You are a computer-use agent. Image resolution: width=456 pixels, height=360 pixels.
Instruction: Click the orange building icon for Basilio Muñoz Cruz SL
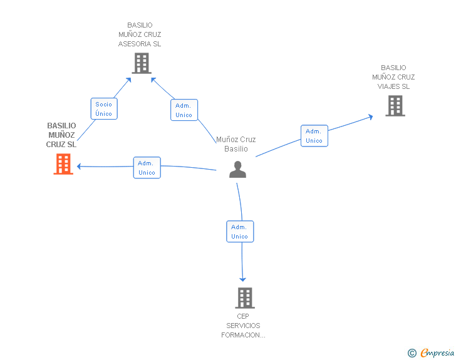pyautogui.click(x=63, y=164)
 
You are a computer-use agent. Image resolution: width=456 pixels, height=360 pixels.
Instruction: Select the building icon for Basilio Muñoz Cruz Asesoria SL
pyautogui.click(x=142, y=63)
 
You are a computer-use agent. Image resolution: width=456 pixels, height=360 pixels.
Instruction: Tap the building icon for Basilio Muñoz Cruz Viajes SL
pyautogui.click(x=395, y=106)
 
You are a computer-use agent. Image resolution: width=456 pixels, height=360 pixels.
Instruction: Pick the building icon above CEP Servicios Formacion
pyautogui.click(x=244, y=298)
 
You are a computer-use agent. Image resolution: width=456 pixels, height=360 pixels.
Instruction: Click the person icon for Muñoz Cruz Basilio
pyautogui.click(x=237, y=170)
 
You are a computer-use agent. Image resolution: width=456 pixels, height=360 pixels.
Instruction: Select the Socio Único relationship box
pyautogui.click(x=104, y=109)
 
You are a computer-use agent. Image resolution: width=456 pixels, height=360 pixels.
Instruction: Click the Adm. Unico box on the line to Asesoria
pyautogui.click(x=184, y=110)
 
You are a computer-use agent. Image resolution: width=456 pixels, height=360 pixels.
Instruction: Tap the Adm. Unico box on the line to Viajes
pyautogui.click(x=314, y=136)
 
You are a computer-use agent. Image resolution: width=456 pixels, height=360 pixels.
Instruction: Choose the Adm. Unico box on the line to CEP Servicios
pyautogui.click(x=239, y=232)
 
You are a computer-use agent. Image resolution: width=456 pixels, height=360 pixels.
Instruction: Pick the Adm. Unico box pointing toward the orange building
pyautogui.click(x=147, y=167)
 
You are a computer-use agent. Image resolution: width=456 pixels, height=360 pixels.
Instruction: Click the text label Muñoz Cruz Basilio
pyautogui.click(x=236, y=144)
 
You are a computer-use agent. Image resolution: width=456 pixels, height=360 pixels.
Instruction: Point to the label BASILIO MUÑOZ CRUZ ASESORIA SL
pyautogui.click(x=140, y=34)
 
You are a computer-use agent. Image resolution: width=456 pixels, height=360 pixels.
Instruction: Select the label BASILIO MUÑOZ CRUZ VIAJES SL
pyautogui.click(x=393, y=77)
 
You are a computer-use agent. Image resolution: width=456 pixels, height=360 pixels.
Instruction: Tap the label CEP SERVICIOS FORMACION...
pyautogui.click(x=243, y=326)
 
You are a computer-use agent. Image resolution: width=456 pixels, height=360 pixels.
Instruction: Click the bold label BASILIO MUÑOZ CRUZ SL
pyautogui.click(x=61, y=135)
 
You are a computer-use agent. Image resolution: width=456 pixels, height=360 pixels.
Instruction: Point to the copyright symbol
pyautogui.click(x=412, y=353)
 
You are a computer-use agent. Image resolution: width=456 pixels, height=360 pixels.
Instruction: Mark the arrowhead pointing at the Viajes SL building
pyautogui.click(x=370, y=116)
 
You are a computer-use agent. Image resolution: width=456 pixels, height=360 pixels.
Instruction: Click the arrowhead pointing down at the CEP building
pyautogui.click(x=243, y=279)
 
